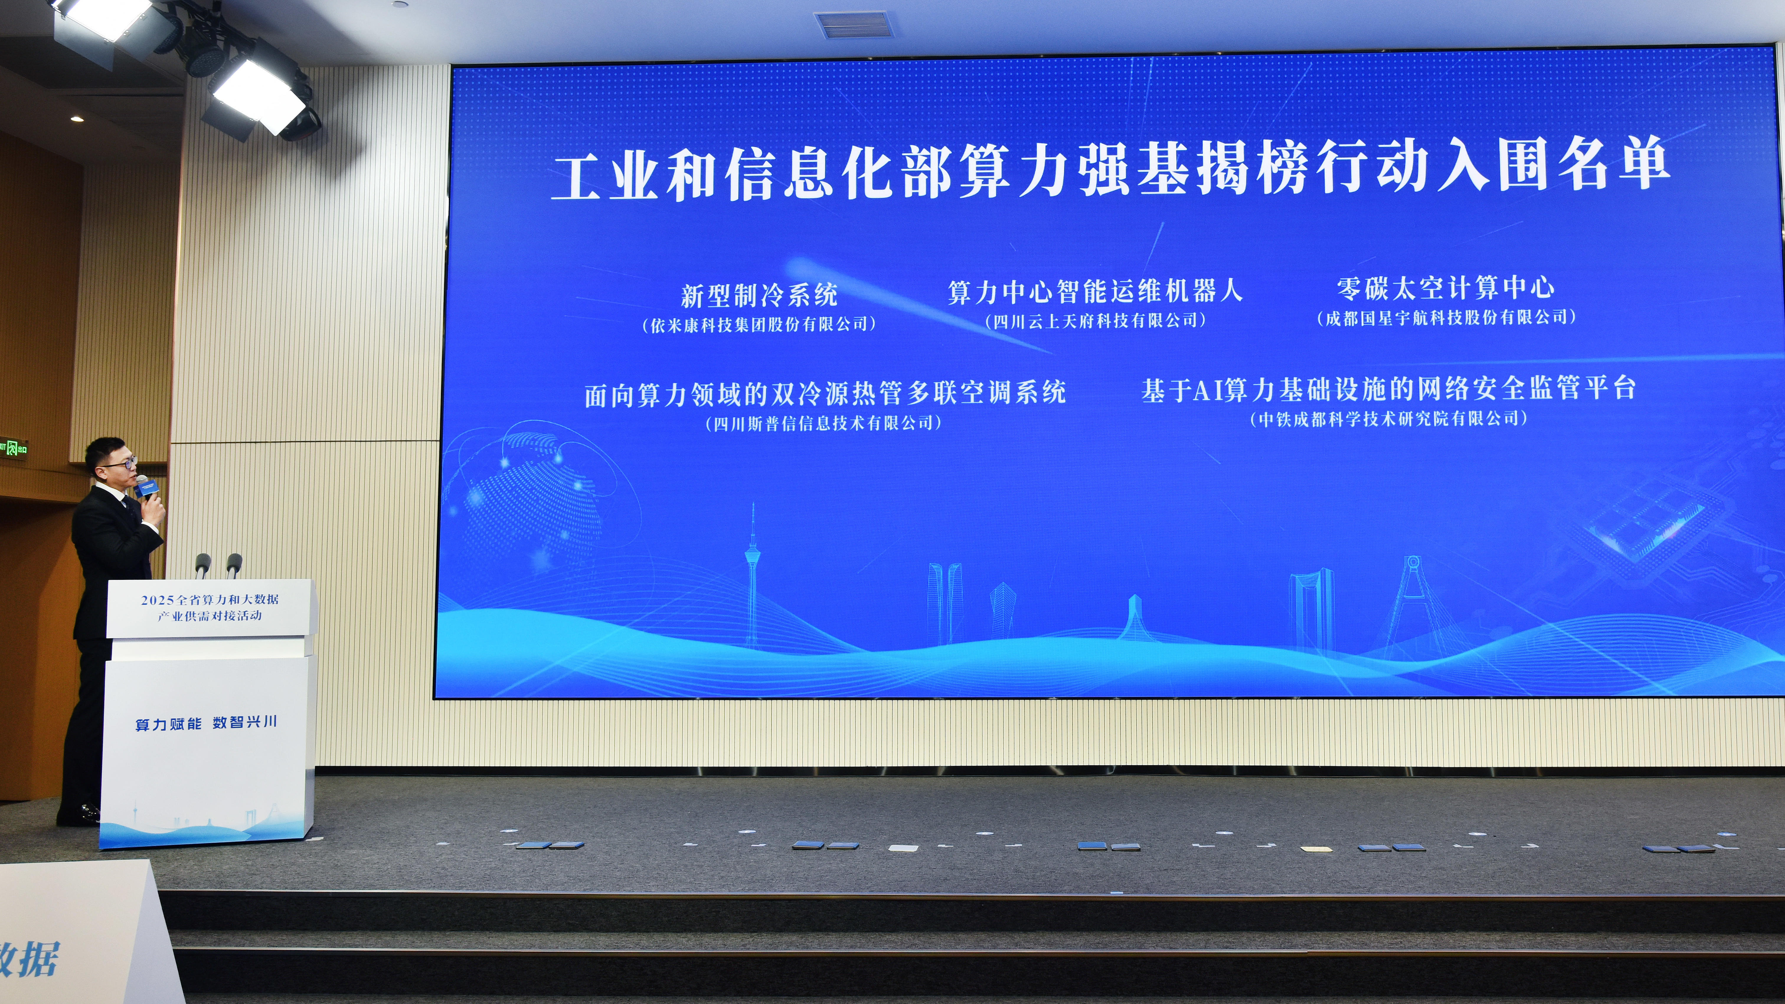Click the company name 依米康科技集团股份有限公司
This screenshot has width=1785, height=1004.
click(759, 324)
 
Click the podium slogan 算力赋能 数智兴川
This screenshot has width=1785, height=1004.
click(207, 723)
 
